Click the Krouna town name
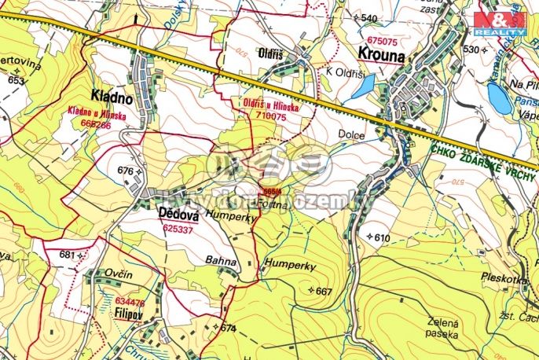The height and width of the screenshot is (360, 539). coord(382,56)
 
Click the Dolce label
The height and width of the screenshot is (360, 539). coord(352,135)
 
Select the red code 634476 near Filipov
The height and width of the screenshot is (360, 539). coord(130,302)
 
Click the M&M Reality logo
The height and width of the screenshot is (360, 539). coord(500,23)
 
